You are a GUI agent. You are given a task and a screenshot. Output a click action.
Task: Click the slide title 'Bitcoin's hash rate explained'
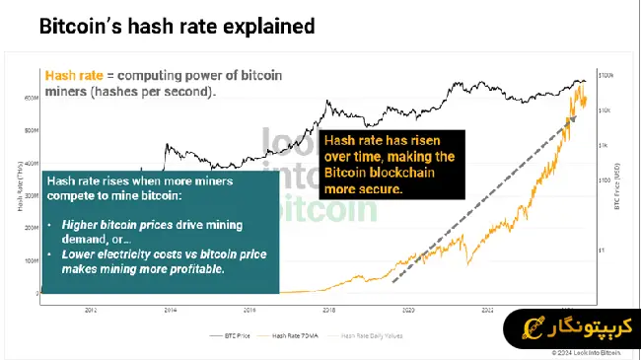[x=177, y=27]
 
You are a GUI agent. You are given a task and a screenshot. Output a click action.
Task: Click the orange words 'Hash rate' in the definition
[x=71, y=74]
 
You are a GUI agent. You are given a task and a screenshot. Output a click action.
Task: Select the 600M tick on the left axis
[x=31, y=98]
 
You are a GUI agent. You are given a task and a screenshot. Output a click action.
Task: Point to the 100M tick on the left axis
[x=31, y=260]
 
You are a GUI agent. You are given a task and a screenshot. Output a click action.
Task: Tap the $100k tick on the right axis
[x=609, y=75]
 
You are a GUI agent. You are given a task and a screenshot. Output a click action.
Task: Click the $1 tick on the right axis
[x=603, y=250]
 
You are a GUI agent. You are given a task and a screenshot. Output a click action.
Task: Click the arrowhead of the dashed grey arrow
[x=576, y=114]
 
